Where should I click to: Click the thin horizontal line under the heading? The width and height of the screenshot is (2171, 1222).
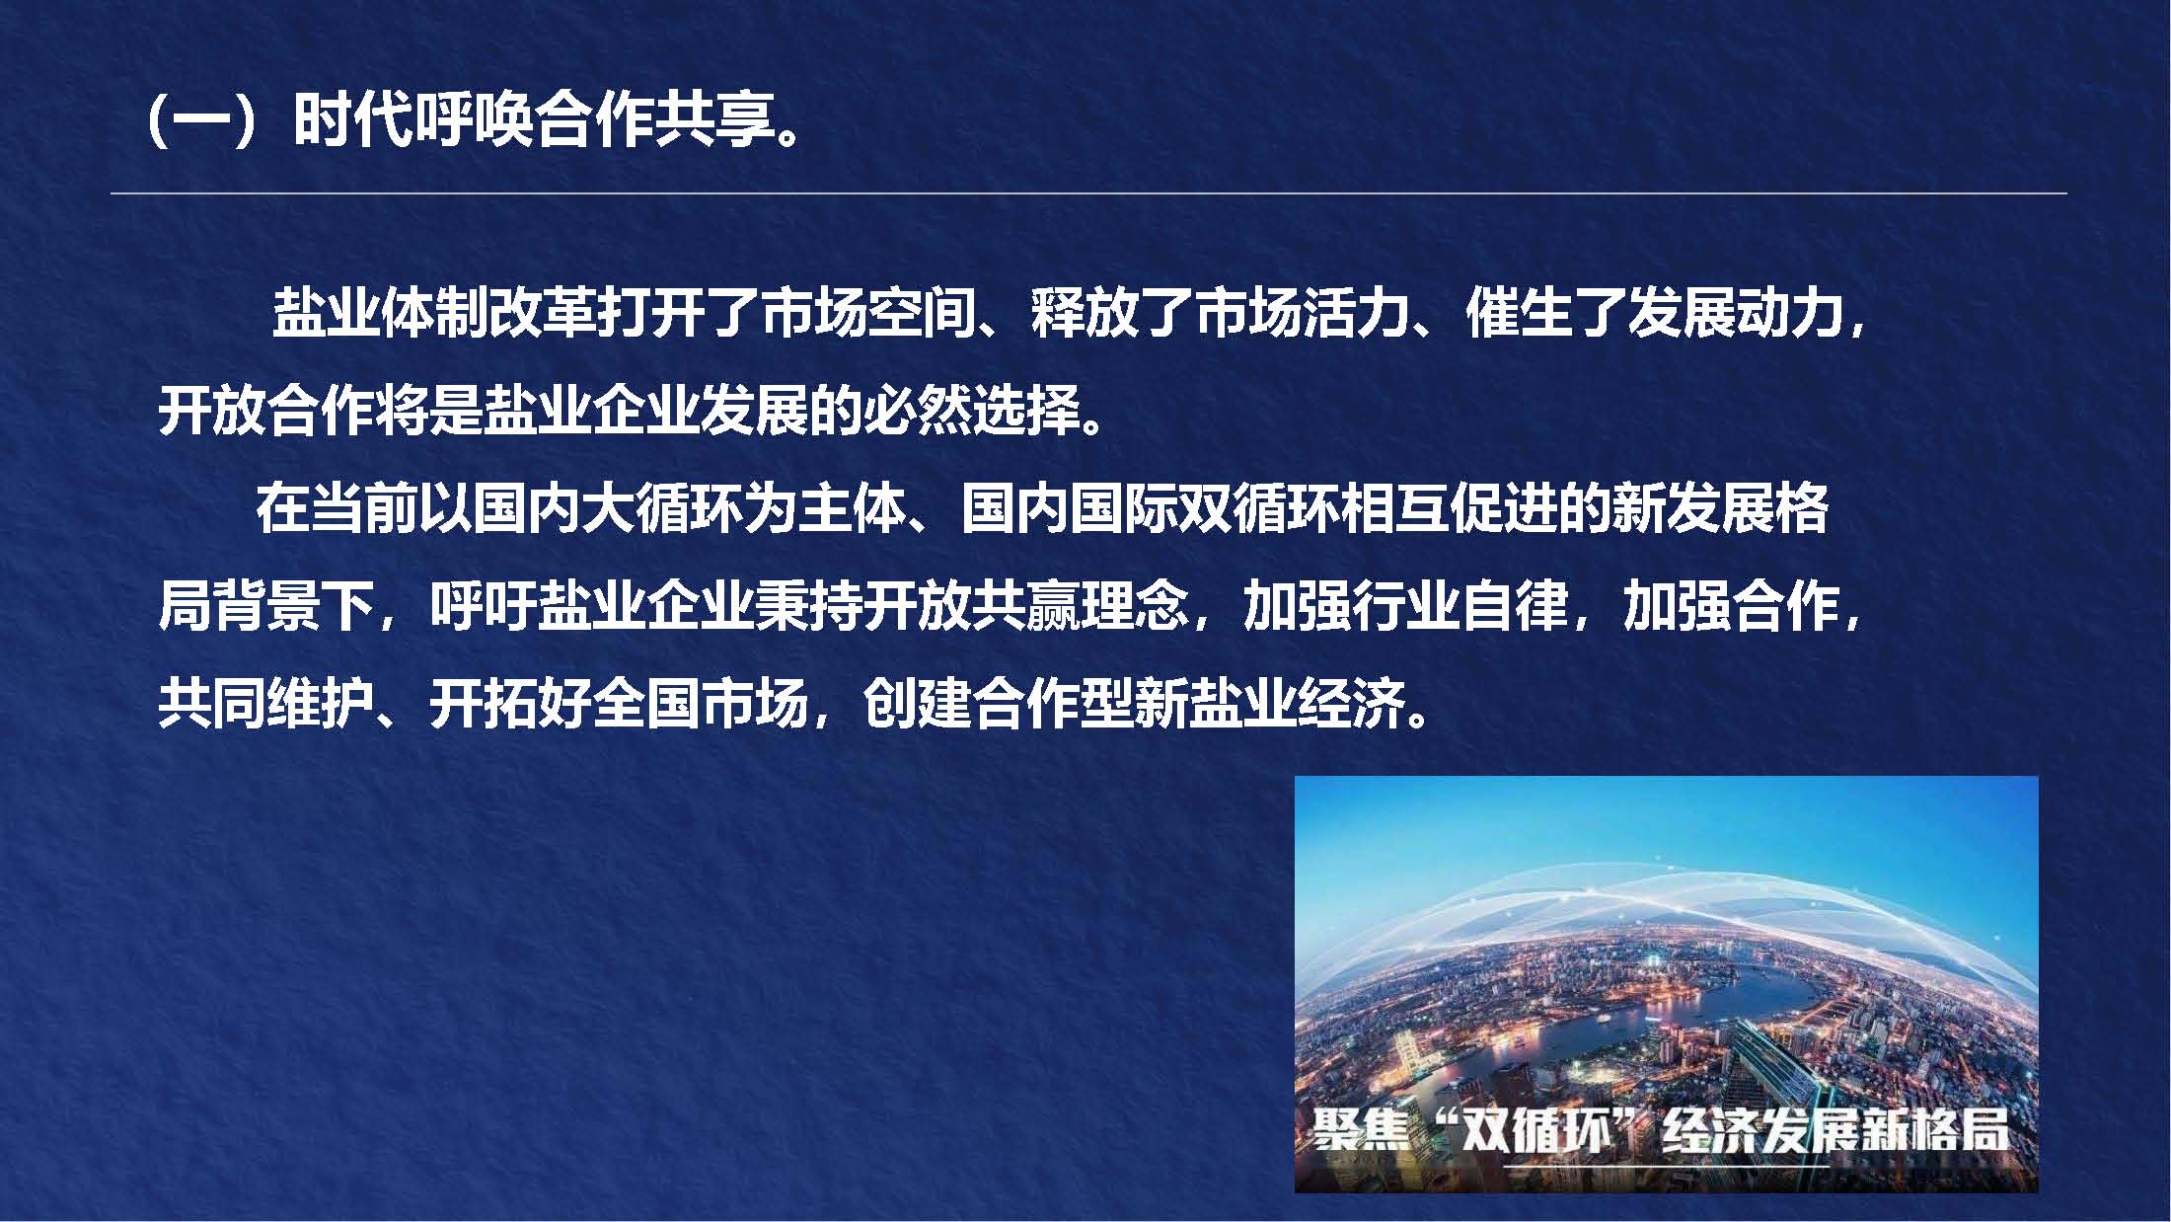coord(1087,193)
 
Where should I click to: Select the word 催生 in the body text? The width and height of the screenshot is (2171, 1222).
coord(1520,314)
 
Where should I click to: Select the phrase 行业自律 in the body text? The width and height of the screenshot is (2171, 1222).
coord(1405,605)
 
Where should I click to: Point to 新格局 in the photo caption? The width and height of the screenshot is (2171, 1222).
coord(1934,1131)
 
